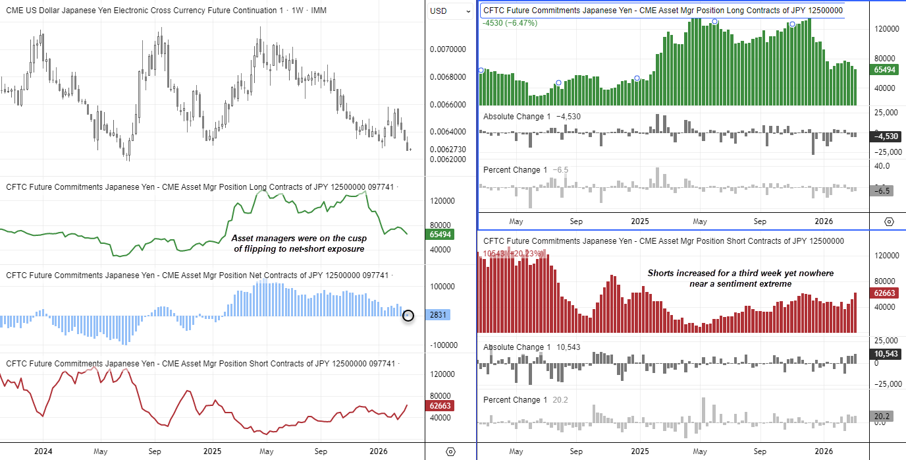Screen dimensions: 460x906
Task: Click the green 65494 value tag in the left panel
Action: pyautogui.click(x=440, y=234)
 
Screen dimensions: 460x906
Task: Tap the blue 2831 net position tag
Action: pyautogui.click(x=439, y=315)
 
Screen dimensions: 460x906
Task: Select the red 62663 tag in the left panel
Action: pyautogui.click(x=440, y=405)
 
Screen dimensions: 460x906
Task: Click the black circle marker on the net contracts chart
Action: pyautogui.click(x=408, y=316)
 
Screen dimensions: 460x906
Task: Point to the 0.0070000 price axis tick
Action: pyautogui.click(x=447, y=49)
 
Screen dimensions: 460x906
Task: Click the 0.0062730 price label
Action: pyautogui.click(x=447, y=149)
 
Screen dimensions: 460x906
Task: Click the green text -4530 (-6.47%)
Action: pyautogui.click(x=510, y=23)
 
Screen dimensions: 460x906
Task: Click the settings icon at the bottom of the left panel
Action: pyautogui.click(x=450, y=451)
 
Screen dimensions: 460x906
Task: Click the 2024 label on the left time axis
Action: pyautogui.click(x=42, y=452)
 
